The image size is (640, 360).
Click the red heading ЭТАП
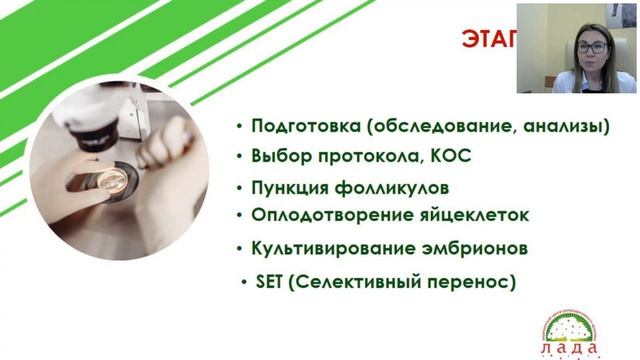pos(489,41)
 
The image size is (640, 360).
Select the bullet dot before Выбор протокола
pos(239,157)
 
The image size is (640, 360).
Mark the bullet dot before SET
pos(245,284)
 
